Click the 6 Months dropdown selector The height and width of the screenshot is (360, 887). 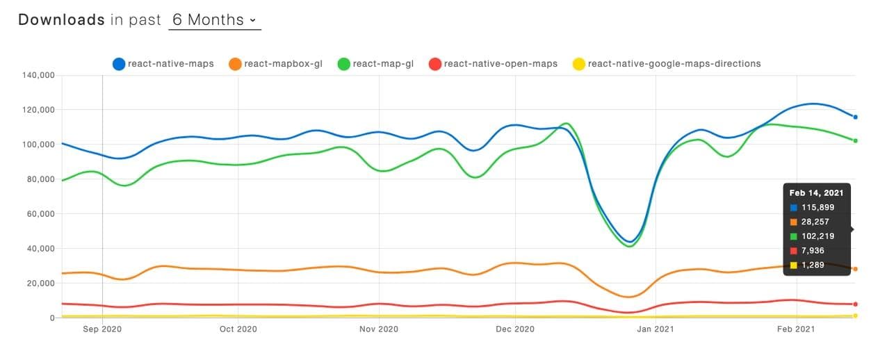click(214, 19)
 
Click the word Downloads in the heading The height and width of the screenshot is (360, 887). click(61, 19)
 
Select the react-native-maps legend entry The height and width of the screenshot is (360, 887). click(163, 64)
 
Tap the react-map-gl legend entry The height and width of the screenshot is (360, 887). click(375, 64)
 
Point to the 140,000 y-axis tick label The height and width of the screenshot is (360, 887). click(39, 75)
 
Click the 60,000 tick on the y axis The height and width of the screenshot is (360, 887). click(41, 214)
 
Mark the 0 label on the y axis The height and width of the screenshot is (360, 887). click(51, 318)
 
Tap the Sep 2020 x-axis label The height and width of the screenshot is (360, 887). click(102, 329)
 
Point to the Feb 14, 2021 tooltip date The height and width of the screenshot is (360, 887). click(816, 193)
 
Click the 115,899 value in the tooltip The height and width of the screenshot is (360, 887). click(817, 208)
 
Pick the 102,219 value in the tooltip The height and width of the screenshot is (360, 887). click(817, 236)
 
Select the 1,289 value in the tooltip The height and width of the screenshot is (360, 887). click(813, 265)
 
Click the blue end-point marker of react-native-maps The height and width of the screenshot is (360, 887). click(856, 117)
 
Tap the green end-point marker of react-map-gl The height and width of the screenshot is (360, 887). click(856, 140)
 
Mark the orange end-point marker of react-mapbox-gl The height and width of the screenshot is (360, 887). click(856, 269)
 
